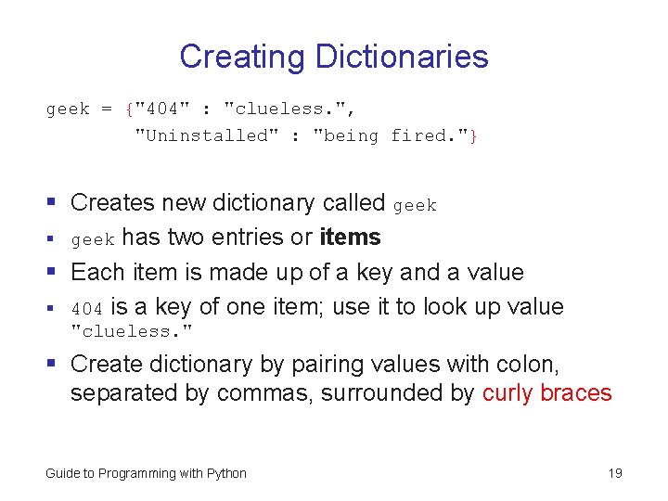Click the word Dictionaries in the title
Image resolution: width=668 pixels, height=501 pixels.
point(401,57)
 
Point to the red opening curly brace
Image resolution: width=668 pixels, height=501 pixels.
point(128,109)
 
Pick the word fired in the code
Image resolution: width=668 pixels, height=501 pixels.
point(423,136)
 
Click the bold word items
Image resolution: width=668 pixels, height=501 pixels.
point(350,238)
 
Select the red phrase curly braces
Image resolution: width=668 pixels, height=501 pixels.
point(547,392)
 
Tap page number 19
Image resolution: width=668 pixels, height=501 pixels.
point(615,473)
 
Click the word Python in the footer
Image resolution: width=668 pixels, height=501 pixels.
point(226,473)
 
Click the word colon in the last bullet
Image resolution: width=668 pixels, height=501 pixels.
point(533,365)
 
